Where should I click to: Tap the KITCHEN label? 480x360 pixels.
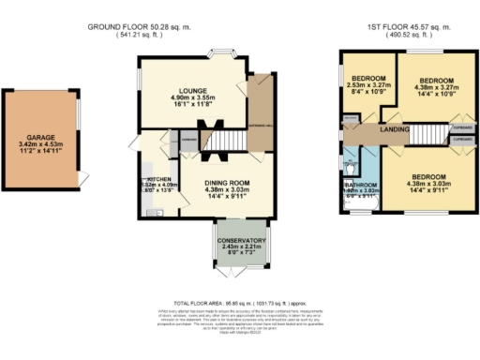coord(157,178)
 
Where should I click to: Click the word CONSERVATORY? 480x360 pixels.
coord(242,241)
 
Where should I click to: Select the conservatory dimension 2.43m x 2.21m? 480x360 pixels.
coord(242,248)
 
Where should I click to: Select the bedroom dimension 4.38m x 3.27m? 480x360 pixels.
coord(436,88)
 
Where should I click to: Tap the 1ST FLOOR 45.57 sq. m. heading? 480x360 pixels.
coord(408,26)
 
